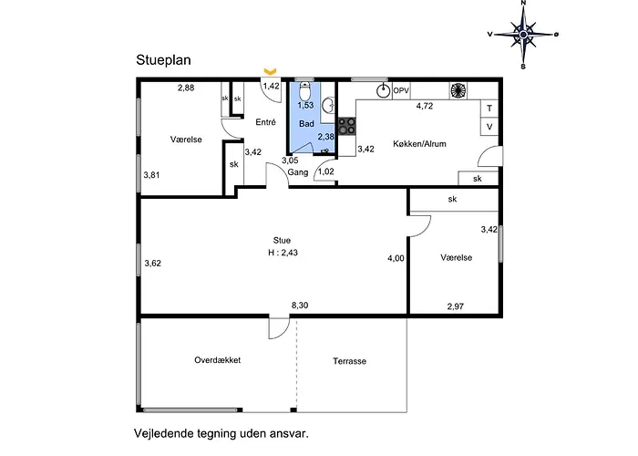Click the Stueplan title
click(165, 60)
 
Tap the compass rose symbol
click(523, 34)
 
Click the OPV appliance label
click(401, 90)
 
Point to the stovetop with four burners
click(346, 126)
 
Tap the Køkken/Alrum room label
click(419, 144)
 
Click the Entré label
click(266, 121)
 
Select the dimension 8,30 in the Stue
click(299, 305)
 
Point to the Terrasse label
click(349, 361)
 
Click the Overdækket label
click(217, 359)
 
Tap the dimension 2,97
click(456, 306)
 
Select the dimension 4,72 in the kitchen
click(425, 106)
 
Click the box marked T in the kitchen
click(489, 108)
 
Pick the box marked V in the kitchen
click(489, 126)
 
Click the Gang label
click(298, 171)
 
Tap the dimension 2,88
click(185, 88)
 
